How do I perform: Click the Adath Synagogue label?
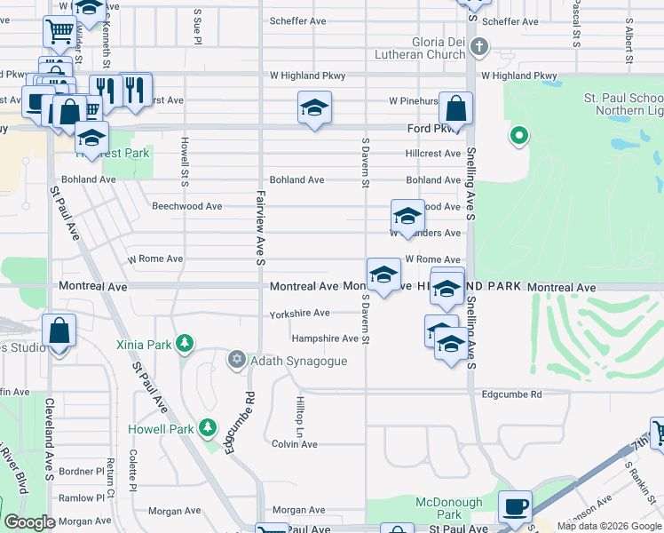pyautogui.click(x=298, y=361)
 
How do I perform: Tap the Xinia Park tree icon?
pyautogui.click(x=185, y=343)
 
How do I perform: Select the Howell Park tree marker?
pyautogui.click(x=208, y=427)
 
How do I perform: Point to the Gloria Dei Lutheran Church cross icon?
pyautogui.click(x=478, y=46)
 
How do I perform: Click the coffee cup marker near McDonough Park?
pyautogui.click(x=515, y=506)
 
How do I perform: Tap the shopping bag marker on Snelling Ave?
pyautogui.click(x=455, y=109)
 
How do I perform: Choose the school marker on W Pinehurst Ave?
pyautogui.click(x=314, y=108)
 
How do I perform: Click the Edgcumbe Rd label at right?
pyautogui.click(x=510, y=394)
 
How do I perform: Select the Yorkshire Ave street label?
pyautogui.click(x=300, y=314)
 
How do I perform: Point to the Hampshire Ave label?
pyautogui.click(x=325, y=338)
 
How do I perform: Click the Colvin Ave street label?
pyautogui.click(x=295, y=444)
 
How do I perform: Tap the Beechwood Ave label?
pyautogui.click(x=186, y=206)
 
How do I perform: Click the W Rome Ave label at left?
pyautogui.click(x=155, y=259)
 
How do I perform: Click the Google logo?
pyautogui.click(x=30, y=522)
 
